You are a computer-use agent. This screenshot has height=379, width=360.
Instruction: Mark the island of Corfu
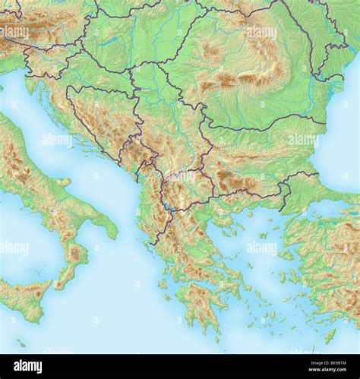point(146,242)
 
